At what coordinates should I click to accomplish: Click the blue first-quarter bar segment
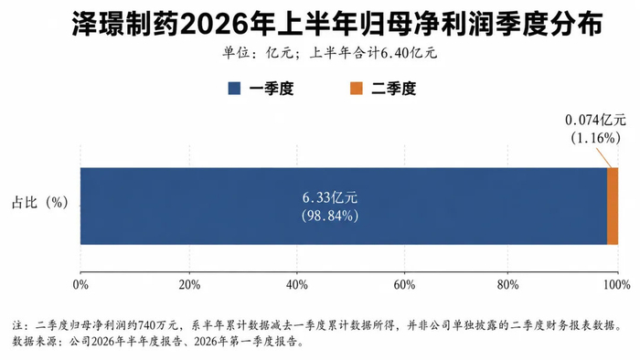[344, 206]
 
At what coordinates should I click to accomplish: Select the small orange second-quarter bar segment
[613, 206]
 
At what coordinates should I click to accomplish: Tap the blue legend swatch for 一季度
[234, 89]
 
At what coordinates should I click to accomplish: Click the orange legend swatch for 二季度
[357, 89]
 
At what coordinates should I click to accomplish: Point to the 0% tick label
[80, 284]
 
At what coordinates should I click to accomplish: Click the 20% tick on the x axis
[189, 284]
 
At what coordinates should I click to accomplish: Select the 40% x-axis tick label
[297, 284]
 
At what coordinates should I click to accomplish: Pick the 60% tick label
[404, 284]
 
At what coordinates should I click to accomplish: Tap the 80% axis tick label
[507, 284]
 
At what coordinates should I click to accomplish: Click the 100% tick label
[617, 284]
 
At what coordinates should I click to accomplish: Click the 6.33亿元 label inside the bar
[330, 197]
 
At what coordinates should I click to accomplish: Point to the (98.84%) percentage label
[330, 216]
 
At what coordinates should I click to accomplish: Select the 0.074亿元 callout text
[595, 121]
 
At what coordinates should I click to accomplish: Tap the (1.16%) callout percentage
[595, 138]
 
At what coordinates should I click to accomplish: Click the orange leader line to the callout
[603, 157]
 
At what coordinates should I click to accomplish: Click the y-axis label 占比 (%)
[40, 202]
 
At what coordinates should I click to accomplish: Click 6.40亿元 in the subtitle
[409, 53]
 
